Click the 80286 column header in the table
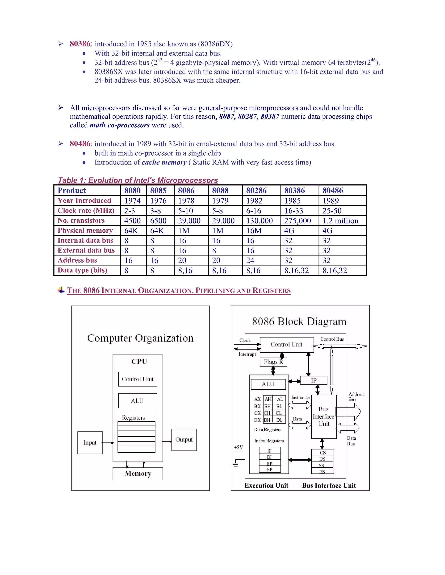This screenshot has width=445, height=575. pyautogui.click(x=256, y=190)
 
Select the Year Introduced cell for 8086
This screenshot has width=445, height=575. pyautogui.click(x=186, y=201)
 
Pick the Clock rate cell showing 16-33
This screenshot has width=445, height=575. pyautogui.click(x=294, y=211)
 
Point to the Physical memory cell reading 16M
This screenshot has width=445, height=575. pyautogui.click(x=254, y=231)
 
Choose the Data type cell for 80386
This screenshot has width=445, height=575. pyautogui.click(x=296, y=270)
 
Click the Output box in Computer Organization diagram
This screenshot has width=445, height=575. pyautogui.click(x=184, y=440)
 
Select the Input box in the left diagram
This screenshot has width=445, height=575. pyautogui.click(x=90, y=443)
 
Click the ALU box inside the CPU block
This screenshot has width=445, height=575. pyautogui.click(x=137, y=401)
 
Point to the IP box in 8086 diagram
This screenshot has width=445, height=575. pyautogui.click(x=314, y=380)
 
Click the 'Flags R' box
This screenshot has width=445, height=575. pyautogui.click(x=273, y=362)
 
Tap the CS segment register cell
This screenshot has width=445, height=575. pyautogui.click(x=323, y=453)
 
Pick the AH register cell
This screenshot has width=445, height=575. pyautogui.click(x=268, y=399)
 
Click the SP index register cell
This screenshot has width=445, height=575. pyautogui.click(x=269, y=469)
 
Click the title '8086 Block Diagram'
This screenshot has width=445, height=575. pyautogui.click(x=299, y=322)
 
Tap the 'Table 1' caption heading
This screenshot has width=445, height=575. pyautogui.click(x=138, y=180)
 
